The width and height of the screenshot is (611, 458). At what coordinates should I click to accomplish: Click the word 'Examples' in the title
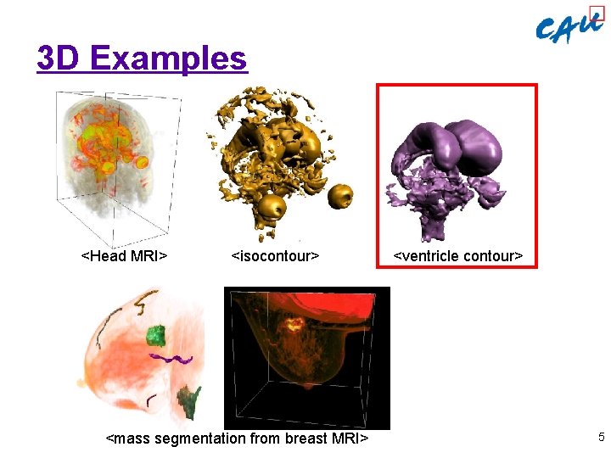pos(167,59)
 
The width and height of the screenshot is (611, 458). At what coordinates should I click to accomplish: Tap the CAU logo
pos(569,28)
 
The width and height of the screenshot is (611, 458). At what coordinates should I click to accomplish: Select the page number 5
pos(601,438)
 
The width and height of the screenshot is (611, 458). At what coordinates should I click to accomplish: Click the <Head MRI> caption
pos(123,255)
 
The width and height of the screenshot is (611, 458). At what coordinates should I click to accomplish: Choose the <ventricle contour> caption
pos(457,255)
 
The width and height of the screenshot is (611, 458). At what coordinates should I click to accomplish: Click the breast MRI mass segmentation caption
pos(237,438)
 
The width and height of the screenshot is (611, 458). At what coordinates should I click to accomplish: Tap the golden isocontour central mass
pos(280,148)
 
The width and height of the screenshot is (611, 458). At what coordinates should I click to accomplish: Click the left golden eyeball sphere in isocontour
pos(273,206)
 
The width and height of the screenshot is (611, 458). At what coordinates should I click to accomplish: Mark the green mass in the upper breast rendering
pos(154,336)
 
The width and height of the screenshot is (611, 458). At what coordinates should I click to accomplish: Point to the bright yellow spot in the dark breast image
pos(294,323)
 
